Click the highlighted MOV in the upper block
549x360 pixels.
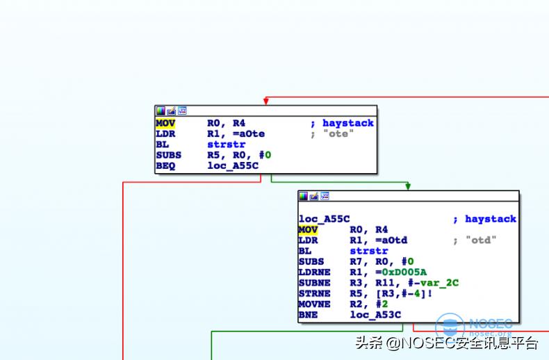[165, 123]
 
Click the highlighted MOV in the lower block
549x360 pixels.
[308, 229]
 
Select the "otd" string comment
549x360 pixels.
[480, 240]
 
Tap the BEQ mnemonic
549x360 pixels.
[165, 165]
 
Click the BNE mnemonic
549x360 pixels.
[308, 315]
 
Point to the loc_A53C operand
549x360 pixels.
[375, 315]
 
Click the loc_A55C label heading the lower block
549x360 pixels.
[324, 219]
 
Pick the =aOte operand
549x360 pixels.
[236, 133]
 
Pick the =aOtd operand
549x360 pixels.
[378, 240]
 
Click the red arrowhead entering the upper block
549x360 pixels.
[265, 101]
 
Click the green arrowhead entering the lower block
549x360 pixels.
[408, 186]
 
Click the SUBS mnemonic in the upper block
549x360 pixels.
[168, 155]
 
